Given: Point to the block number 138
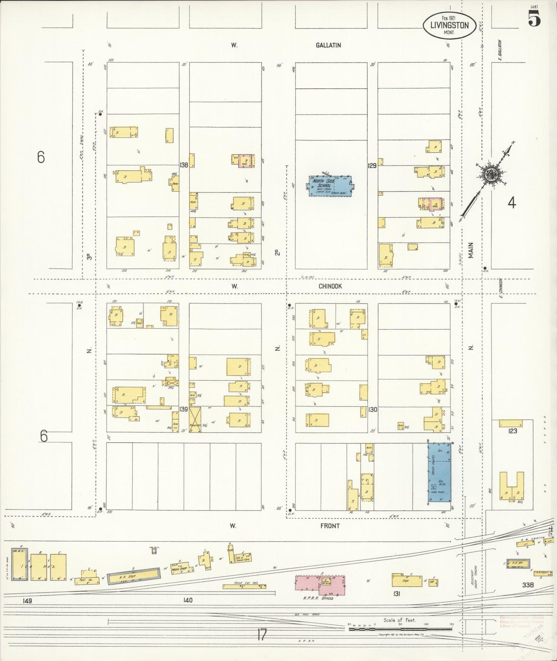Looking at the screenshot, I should [x=184, y=165].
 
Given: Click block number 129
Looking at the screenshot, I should [x=372, y=165].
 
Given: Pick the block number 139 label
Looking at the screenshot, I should [x=183, y=409].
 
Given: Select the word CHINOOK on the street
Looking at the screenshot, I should [x=330, y=286].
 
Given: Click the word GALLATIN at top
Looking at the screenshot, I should [x=328, y=45].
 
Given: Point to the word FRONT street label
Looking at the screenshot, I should [x=330, y=526].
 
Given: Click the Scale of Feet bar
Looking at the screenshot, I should [x=401, y=629].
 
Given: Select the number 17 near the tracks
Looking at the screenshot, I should [x=262, y=634].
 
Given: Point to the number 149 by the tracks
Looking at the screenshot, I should [x=27, y=601].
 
